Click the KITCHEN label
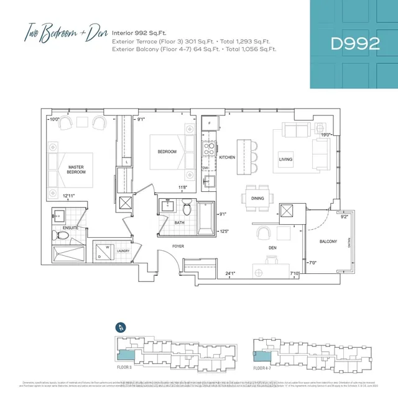[x=227, y=158]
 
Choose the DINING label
[x=257, y=198]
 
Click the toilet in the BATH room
[x=187, y=206]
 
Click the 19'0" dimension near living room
[x=324, y=135]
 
